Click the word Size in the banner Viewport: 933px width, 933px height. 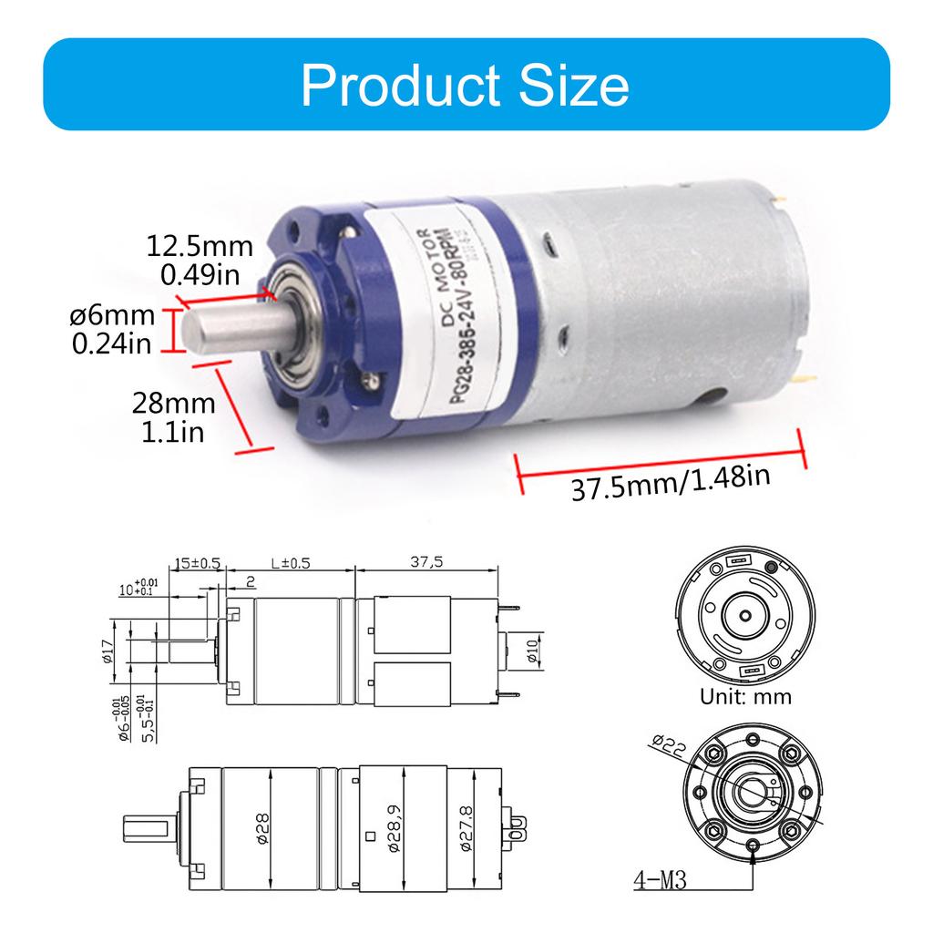tap(570, 86)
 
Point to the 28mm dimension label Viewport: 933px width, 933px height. tap(173, 403)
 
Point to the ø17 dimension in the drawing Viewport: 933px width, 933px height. tap(106, 651)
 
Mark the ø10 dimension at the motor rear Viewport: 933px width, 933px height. tap(533, 651)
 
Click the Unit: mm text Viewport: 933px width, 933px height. tap(745, 697)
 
